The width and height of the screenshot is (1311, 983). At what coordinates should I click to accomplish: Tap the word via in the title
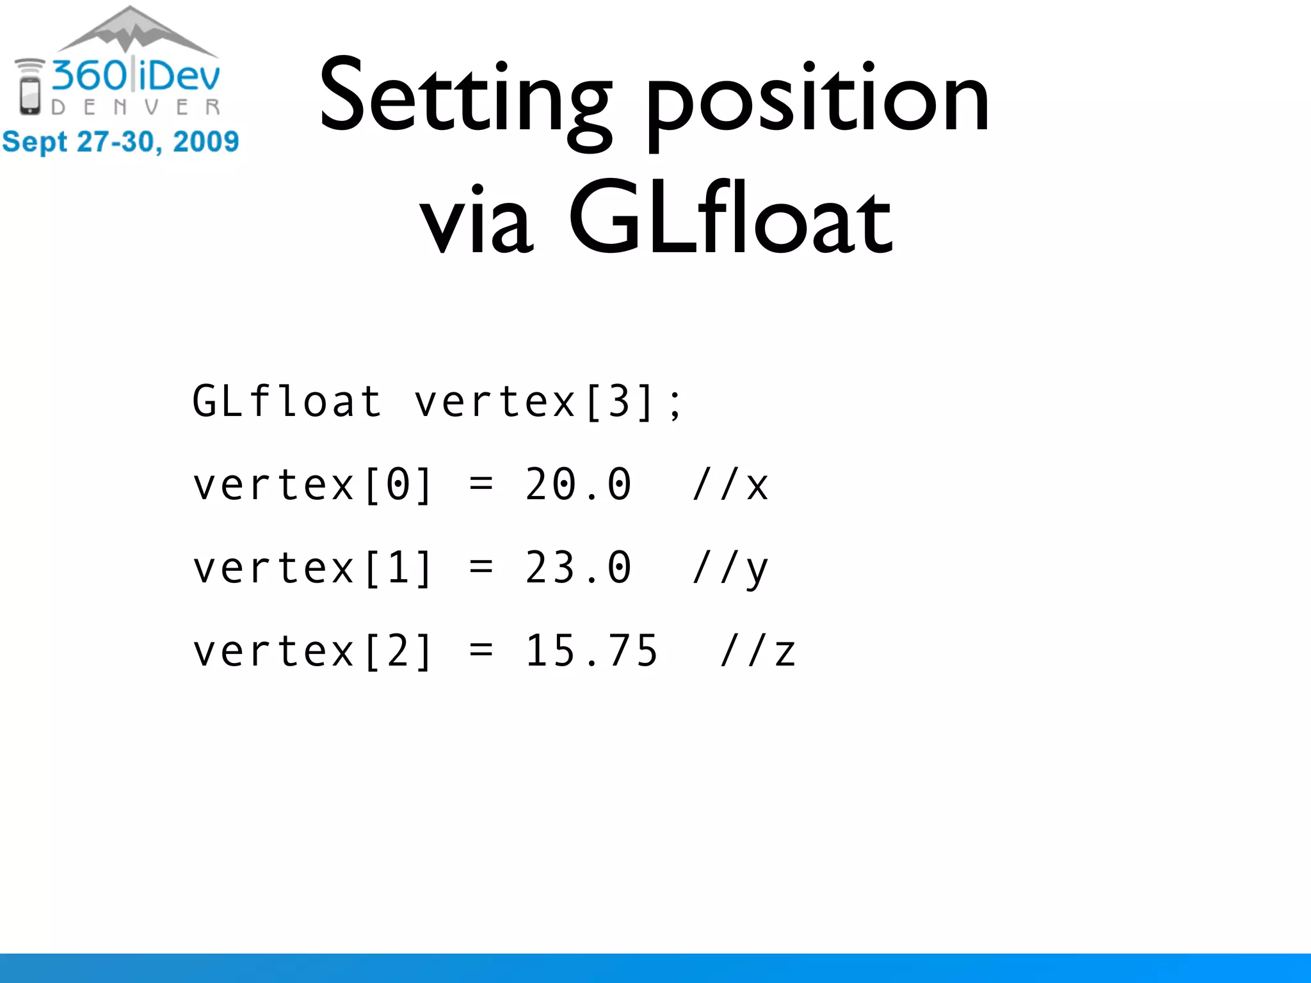click(x=476, y=221)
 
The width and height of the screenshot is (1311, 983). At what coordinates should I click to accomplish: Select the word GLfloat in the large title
click(x=730, y=218)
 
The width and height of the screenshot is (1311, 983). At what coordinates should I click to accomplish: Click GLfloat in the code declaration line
click(x=287, y=402)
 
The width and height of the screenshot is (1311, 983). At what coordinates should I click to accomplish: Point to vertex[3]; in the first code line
click(x=549, y=402)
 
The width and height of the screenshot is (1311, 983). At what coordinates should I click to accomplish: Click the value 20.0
click(x=578, y=484)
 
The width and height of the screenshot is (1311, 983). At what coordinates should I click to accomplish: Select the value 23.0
click(x=578, y=568)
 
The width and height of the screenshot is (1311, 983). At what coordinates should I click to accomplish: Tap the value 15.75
click(x=591, y=651)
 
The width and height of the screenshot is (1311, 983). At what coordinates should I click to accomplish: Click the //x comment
click(x=730, y=484)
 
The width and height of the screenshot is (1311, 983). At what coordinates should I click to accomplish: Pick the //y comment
click(x=730, y=568)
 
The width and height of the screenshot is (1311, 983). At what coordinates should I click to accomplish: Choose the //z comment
click(x=758, y=651)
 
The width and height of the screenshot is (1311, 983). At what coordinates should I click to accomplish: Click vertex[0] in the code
click(x=313, y=484)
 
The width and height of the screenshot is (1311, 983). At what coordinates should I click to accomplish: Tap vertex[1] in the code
click(x=313, y=568)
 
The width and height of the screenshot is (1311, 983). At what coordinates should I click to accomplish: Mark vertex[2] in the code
click(x=313, y=651)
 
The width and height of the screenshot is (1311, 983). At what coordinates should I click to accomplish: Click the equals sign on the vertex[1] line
click(x=481, y=568)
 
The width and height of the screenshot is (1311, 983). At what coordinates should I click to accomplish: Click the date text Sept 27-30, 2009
click(x=120, y=141)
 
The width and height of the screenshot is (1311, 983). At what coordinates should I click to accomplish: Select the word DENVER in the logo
click(x=136, y=108)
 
